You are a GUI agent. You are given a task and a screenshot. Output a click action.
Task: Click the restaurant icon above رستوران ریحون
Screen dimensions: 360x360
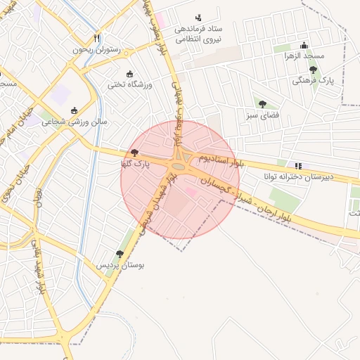click(97, 38)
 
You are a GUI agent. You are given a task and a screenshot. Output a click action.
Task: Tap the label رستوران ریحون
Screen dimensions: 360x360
click(97, 50)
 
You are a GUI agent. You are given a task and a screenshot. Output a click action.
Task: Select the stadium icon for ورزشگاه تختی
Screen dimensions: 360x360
click(129, 73)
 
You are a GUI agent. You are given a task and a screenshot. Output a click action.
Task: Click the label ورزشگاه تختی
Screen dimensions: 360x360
click(129, 84)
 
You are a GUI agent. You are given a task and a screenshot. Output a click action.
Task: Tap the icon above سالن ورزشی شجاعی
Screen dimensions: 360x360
click(75, 110)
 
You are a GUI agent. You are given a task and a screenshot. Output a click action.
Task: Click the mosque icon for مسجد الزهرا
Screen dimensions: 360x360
click(304, 44)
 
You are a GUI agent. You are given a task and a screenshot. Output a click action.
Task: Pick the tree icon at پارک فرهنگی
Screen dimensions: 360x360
click(313, 70)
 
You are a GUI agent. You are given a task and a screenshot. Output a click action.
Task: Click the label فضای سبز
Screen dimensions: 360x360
click(262, 114)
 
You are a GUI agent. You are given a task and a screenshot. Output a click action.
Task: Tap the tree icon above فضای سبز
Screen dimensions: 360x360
click(262, 103)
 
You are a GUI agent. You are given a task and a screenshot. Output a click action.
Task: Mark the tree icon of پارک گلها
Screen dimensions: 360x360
click(134, 152)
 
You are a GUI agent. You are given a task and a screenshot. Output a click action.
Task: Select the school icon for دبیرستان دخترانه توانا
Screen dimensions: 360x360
click(299, 166)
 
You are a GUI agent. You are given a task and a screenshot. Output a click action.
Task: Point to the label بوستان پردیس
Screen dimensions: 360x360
click(120, 266)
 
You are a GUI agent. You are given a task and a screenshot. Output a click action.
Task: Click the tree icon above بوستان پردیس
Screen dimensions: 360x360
click(120, 254)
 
